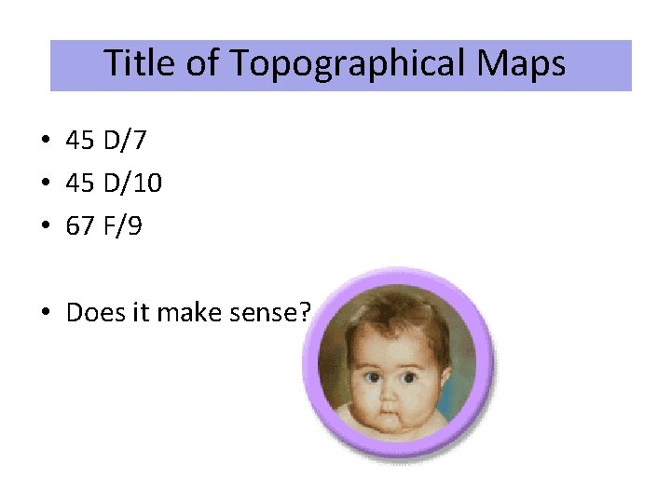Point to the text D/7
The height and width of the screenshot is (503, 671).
click(124, 141)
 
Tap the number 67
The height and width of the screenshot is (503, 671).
click(80, 226)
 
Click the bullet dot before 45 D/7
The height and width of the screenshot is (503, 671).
click(46, 142)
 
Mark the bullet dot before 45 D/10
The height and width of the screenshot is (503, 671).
click(46, 184)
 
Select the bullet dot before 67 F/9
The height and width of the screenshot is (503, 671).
click(46, 227)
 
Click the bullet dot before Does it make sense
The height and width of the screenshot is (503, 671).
click(46, 313)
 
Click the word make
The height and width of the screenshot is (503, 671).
click(185, 312)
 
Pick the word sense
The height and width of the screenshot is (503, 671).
click(260, 312)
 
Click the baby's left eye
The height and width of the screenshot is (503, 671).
click(408, 378)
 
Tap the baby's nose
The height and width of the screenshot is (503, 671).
click(389, 395)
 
